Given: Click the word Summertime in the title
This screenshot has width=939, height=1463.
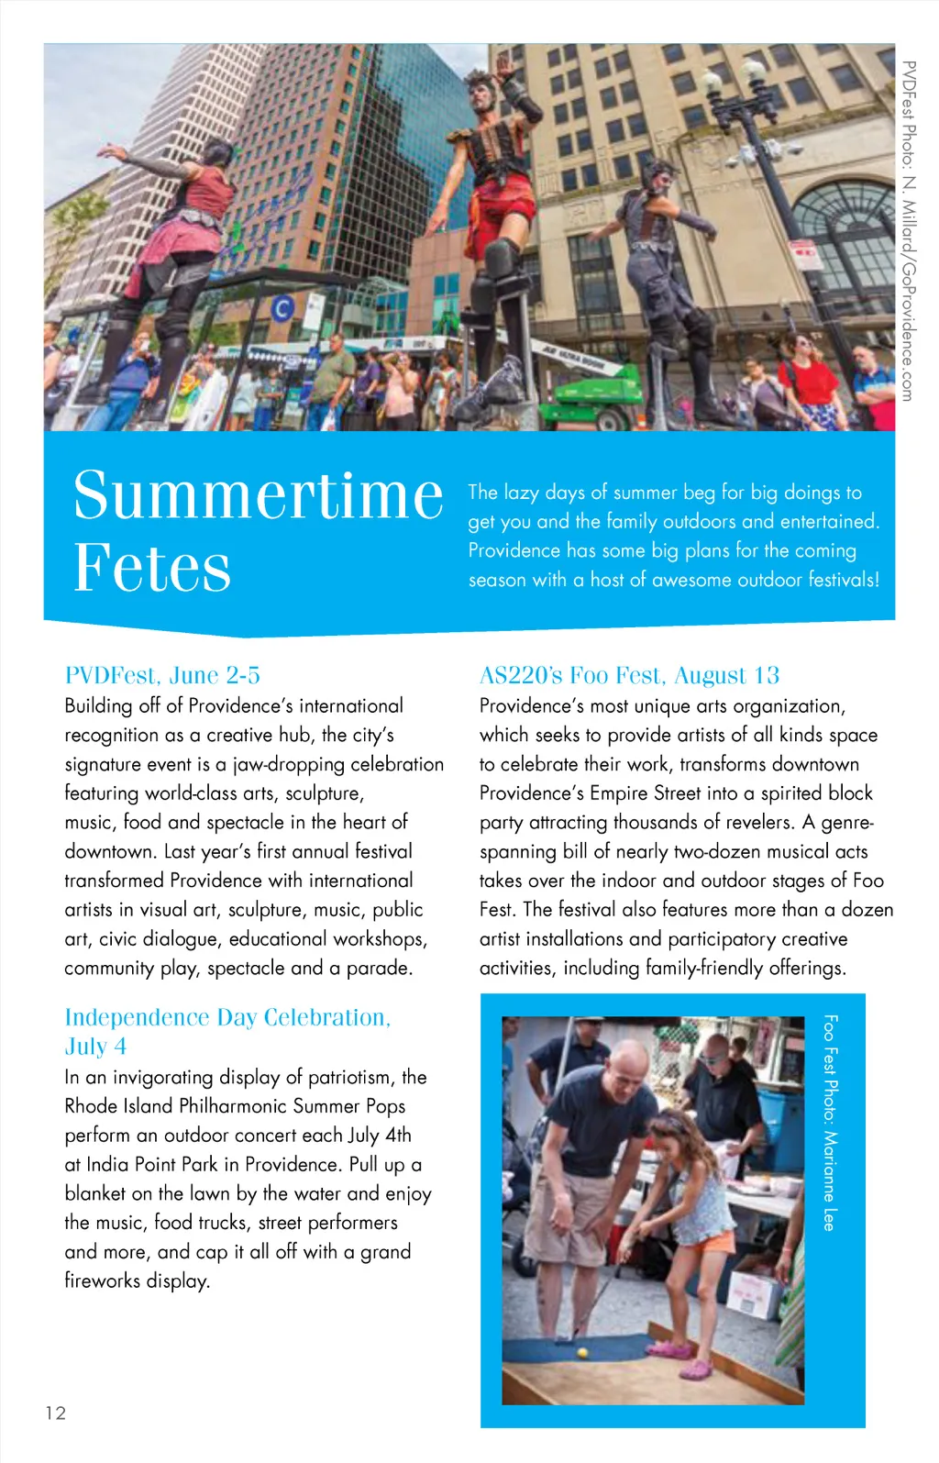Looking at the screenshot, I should click(258, 495).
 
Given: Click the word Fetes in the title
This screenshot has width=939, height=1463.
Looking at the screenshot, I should click(152, 568).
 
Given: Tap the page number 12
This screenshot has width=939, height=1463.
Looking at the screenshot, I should click(56, 1413).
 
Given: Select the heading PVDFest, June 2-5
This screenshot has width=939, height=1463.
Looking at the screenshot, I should click(162, 676).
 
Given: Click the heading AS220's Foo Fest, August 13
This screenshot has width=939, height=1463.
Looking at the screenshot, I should click(629, 676).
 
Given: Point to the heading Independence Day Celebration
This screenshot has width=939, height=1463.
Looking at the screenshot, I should click(227, 1017).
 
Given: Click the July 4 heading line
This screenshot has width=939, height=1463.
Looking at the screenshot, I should click(95, 1047).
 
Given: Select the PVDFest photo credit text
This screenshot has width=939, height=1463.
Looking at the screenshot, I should click(907, 229).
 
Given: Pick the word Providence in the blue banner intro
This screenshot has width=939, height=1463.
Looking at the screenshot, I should click(514, 550).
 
